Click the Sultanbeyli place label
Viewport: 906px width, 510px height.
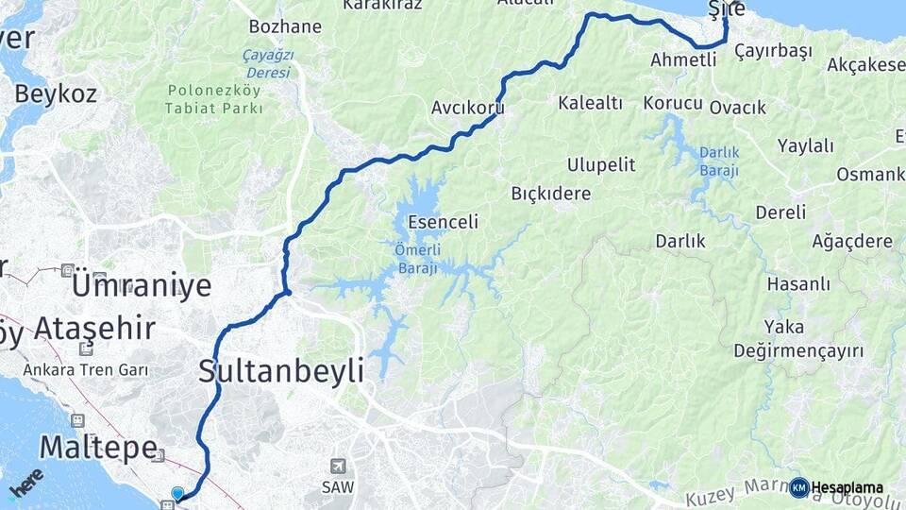280,371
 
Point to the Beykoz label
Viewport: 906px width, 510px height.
56,93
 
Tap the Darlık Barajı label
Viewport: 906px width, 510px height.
719,161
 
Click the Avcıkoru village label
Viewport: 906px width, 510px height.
467,108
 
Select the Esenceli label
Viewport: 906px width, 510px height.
443,223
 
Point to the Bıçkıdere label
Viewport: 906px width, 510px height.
550,194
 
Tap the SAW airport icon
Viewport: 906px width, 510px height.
338,467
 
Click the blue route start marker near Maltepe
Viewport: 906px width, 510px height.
177,493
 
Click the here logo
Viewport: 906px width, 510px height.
26,483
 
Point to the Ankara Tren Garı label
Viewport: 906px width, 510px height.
87,369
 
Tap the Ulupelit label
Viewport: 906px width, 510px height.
601,164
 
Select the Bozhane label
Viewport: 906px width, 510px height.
285,26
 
